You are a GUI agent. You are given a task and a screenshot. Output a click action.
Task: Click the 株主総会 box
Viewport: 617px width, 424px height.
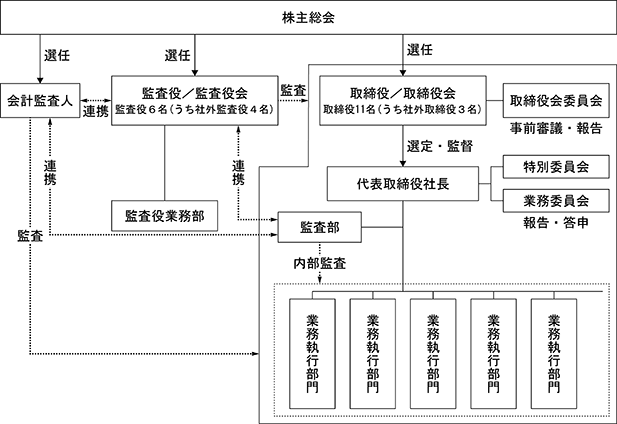[x=309, y=17]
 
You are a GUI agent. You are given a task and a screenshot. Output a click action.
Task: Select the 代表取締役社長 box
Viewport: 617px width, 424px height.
[x=402, y=185]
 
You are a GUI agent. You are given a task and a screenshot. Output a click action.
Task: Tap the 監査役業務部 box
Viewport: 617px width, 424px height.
[x=164, y=216]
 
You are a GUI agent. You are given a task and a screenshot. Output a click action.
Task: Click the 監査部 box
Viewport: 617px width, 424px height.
[x=318, y=229]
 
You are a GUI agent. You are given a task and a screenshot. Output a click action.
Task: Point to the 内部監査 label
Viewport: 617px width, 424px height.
[x=321, y=264]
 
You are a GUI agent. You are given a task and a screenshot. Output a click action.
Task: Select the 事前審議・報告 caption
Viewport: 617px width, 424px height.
[x=556, y=129]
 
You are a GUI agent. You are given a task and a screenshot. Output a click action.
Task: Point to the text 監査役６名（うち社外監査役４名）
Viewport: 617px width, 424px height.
[x=194, y=108]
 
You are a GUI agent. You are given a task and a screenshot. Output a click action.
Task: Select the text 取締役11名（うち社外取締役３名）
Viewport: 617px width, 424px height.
[x=402, y=108]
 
